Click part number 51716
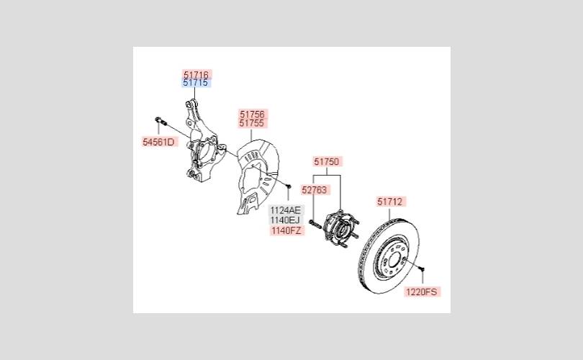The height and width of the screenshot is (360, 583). pyautogui.click(x=196, y=74)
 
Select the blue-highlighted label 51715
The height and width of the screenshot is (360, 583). pyautogui.click(x=196, y=84)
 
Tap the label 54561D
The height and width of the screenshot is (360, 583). pyautogui.click(x=158, y=142)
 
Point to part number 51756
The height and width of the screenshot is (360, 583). pyautogui.click(x=252, y=114)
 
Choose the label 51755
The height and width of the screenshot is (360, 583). pyautogui.click(x=252, y=124)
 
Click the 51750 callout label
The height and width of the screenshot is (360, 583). pyautogui.click(x=326, y=162)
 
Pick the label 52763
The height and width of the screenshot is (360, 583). pyautogui.click(x=314, y=190)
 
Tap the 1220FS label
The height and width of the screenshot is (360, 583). pyautogui.click(x=422, y=292)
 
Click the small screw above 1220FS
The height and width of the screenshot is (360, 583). pyautogui.click(x=422, y=270)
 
